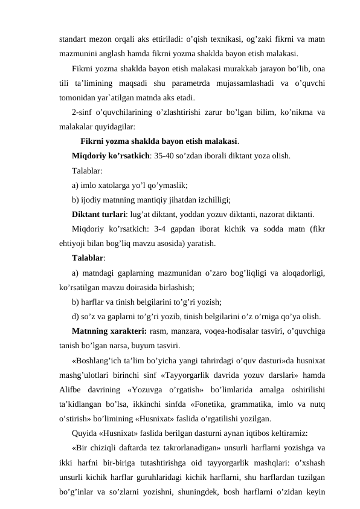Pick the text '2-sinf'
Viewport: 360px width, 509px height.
pos(82,112)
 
